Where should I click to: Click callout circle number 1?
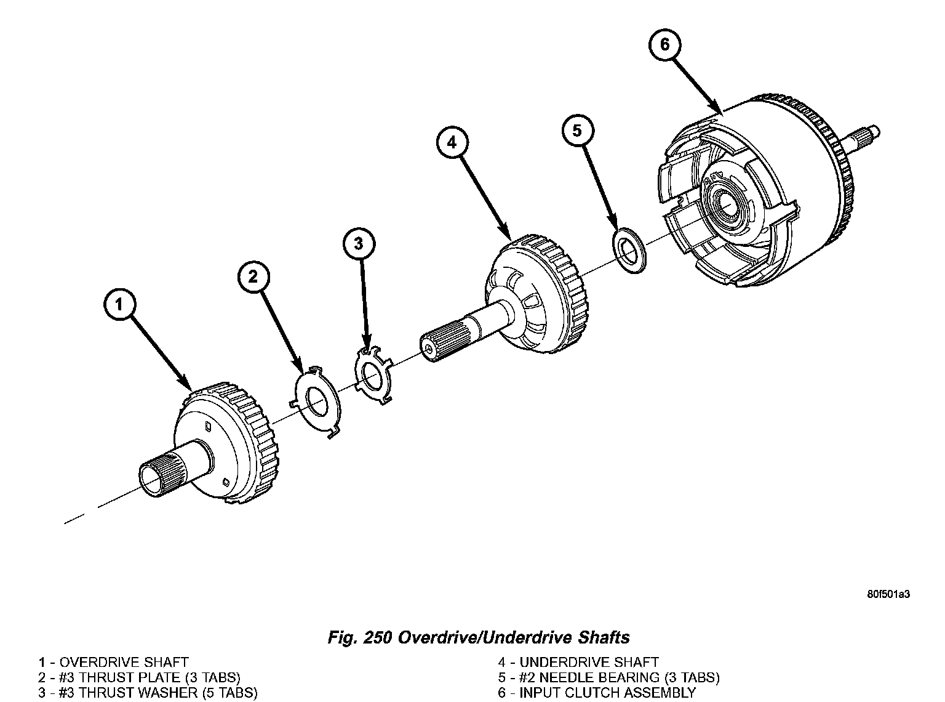[x=121, y=305]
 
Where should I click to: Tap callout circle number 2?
[x=254, y=276]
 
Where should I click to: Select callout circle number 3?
[x=359, y=243]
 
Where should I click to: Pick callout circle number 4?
[x=452, y=142]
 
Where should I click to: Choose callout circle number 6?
[x=664, y=44]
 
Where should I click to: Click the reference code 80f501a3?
[x=888, y=595]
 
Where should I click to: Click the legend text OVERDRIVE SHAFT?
[x=124, y=663]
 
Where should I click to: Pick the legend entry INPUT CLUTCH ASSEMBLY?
[x=607, y=693]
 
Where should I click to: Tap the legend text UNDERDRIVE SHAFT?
[x=589, y=663]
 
